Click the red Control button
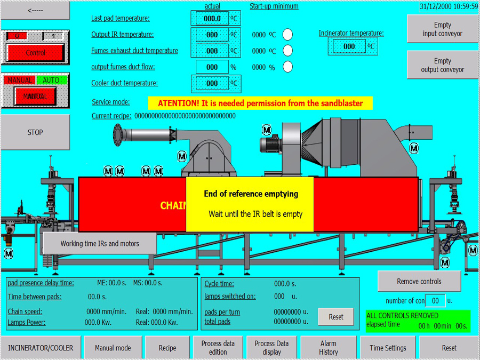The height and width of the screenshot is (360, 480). pos(36,53)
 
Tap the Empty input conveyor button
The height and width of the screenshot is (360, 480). pos(442,29)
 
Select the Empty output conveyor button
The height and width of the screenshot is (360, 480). pos(442,65)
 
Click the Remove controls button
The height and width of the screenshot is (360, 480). pos(419,281)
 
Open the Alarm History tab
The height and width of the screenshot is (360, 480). pos(329,348)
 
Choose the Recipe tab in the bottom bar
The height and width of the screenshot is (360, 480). pos(167,348)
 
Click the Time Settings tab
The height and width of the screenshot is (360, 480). pos(388,348)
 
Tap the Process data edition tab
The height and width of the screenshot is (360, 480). pos(218,348)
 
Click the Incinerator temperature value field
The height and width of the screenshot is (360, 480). pos(349,46)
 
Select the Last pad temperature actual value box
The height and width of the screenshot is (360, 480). pos(212,19)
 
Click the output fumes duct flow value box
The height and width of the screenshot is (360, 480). pos(212,67)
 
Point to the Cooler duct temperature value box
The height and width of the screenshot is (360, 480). pos(212,83)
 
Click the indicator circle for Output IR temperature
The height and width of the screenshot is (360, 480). pos(287,35)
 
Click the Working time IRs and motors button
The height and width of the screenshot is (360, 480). pos(100,244)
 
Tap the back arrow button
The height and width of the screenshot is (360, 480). pos(35,10)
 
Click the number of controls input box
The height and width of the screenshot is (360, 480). pos(435,301)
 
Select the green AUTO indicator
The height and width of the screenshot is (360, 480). pos(51,80)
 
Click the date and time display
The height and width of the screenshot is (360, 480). pos(449,6)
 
